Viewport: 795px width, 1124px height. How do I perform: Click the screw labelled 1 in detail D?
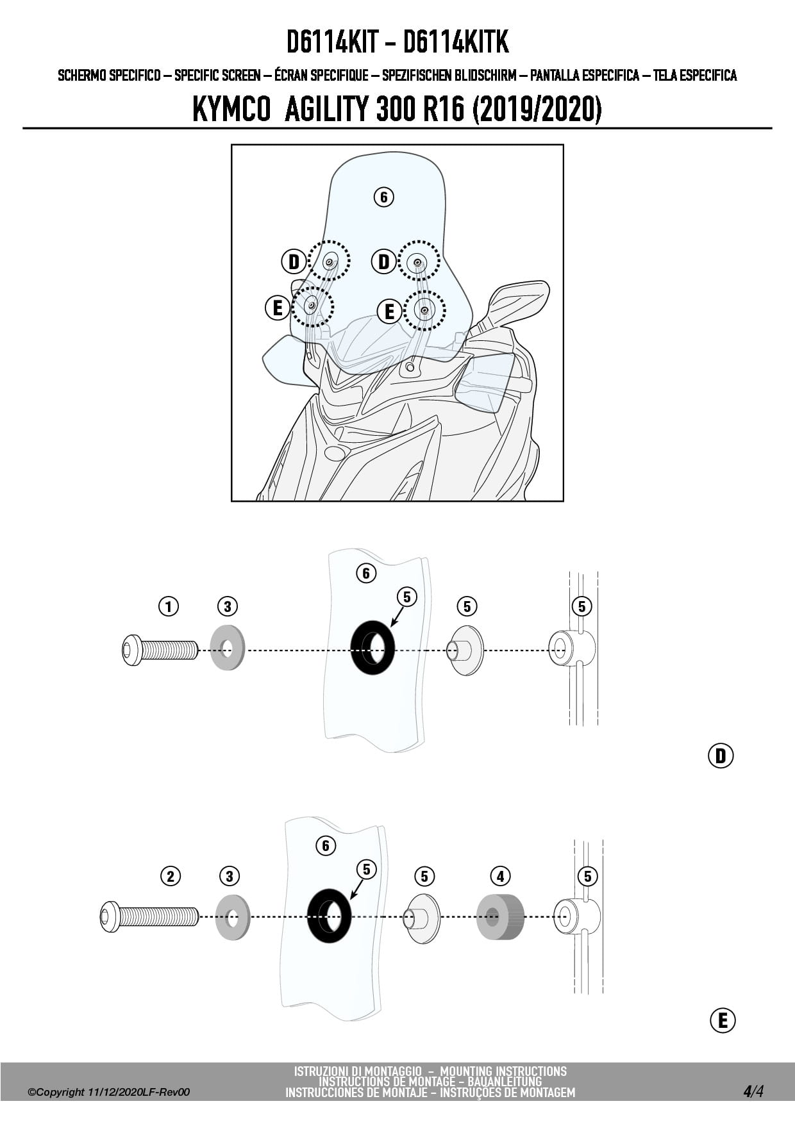pos(160,650)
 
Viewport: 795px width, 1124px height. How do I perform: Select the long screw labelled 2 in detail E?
pos(149,916)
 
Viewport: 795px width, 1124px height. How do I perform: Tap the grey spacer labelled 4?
pos(500,916)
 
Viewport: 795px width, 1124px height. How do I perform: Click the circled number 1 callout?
pos(169,606)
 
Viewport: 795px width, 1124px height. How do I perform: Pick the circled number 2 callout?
pos(171,876)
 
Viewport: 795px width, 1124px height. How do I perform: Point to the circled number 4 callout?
pos(500,876)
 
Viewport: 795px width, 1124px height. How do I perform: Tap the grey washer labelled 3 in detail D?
pos(228,647)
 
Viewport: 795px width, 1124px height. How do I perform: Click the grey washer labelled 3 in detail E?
pos(233,917)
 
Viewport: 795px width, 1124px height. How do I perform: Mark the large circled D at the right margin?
pos(721,756)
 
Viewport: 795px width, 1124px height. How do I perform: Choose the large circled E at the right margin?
pos(723,1020)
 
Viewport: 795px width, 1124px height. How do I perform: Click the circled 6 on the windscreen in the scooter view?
pos(383,197)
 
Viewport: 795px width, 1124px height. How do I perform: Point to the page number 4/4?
pos(753,1091)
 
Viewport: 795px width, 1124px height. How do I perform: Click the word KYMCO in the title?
pos(231,110)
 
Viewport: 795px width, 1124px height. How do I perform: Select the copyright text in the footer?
pos(109,1092)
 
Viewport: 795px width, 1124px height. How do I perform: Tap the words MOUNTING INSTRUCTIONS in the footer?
pos(503,1071)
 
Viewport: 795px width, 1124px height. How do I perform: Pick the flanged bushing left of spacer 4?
pos(423,918)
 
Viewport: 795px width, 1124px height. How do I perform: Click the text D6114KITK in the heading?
pos(456,42)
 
